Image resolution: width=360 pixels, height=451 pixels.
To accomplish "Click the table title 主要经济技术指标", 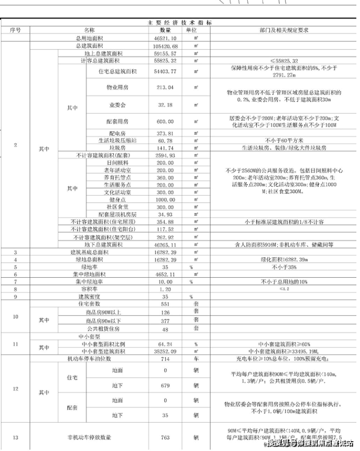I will pyautogui.click(x=180, y=23).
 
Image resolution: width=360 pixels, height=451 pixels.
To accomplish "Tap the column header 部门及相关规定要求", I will pyautogui.click(x=285, y=30).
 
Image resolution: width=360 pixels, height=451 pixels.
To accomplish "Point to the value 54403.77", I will pyautogui.click(x=164, y=72).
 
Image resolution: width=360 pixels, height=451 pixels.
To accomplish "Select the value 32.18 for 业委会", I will pyautogui.click(x=164, y=105).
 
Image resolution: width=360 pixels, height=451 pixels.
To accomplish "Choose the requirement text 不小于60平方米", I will pyautogui.click(x=285, y=141).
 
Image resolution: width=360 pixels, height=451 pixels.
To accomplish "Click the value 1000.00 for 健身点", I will pyautogui.click(x=164, y=199).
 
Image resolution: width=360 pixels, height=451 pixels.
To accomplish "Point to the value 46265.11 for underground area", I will pyautogui.click(x=164, y=244).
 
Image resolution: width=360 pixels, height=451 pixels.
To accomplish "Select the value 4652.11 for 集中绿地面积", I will pyautogui.click(x=164, y=274).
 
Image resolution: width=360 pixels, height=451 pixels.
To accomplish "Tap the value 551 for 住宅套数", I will pyautogui.click(x=164, y=304).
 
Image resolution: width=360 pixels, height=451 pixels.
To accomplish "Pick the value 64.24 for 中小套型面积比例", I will pyautogui.click(x=164, y=344).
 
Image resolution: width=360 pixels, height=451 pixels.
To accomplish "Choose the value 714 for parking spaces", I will pyautogui.click(x=164, y=359).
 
